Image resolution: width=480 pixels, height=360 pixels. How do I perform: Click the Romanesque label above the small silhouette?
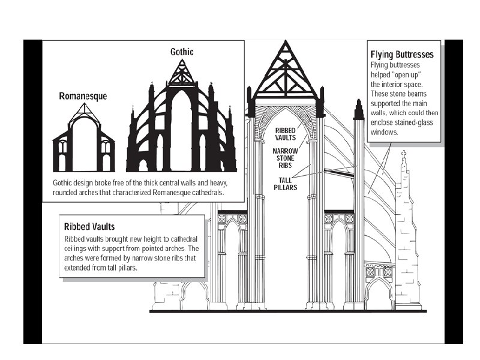coord(83,96)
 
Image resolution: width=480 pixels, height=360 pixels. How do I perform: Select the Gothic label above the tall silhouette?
coord(182,52)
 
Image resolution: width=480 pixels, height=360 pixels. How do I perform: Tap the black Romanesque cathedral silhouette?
coord(83,147)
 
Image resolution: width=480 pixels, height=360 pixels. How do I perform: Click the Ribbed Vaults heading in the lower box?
coord(89,227)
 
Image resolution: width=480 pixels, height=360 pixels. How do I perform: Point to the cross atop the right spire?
coord(404,154)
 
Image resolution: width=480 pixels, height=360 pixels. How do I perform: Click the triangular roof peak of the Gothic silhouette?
coord(182,72)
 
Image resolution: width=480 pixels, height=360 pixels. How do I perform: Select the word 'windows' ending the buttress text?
coord(385,132)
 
